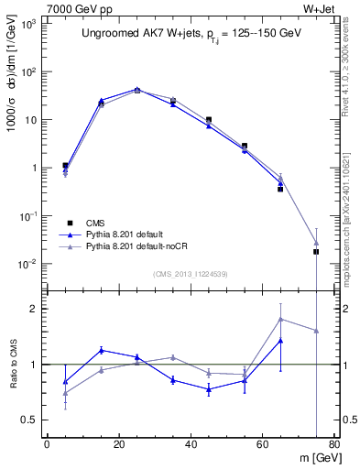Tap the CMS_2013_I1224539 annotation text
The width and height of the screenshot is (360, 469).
point(191,272)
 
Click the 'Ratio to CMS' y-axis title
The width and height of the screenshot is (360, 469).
point(14,365)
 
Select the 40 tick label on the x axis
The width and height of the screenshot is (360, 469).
point(191,445)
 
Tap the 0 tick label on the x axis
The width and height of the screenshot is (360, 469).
point(47,445)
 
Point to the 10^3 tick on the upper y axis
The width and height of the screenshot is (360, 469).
point(29,25)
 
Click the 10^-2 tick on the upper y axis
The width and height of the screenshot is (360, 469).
point(29,264)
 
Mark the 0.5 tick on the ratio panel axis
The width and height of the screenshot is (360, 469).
point(30,420)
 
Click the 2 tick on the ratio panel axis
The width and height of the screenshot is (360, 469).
point(35,309)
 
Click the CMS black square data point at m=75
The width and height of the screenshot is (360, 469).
point(316,251)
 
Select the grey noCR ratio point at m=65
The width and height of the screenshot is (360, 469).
point(280,319)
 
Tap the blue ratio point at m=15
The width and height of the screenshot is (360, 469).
point(102,350)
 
